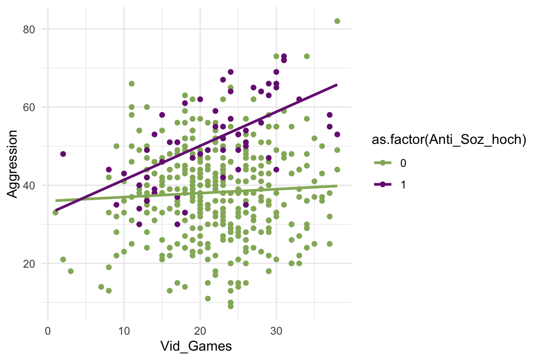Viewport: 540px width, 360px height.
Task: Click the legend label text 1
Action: point(404,184)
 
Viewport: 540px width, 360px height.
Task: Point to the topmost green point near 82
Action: point(337,21)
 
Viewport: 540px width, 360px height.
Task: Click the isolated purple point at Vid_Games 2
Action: point(63,154)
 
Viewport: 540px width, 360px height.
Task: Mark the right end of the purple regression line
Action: point(337,85)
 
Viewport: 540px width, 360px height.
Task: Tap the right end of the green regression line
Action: point(337,186)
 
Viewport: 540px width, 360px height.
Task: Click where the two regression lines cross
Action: point(78,199)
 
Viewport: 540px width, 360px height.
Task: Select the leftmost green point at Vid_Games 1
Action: point(55,212)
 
